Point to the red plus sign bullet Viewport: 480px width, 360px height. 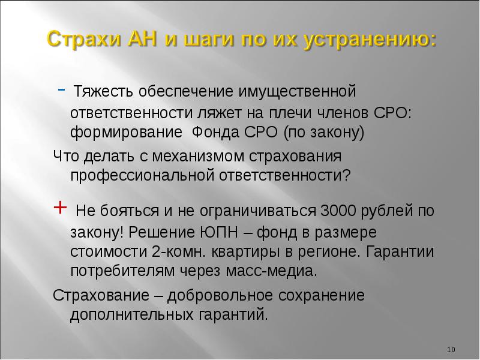click(x=60, y=208)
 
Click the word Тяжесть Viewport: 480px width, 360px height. click(x=103, y=93)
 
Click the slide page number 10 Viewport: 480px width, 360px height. click(x=452, y=349)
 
